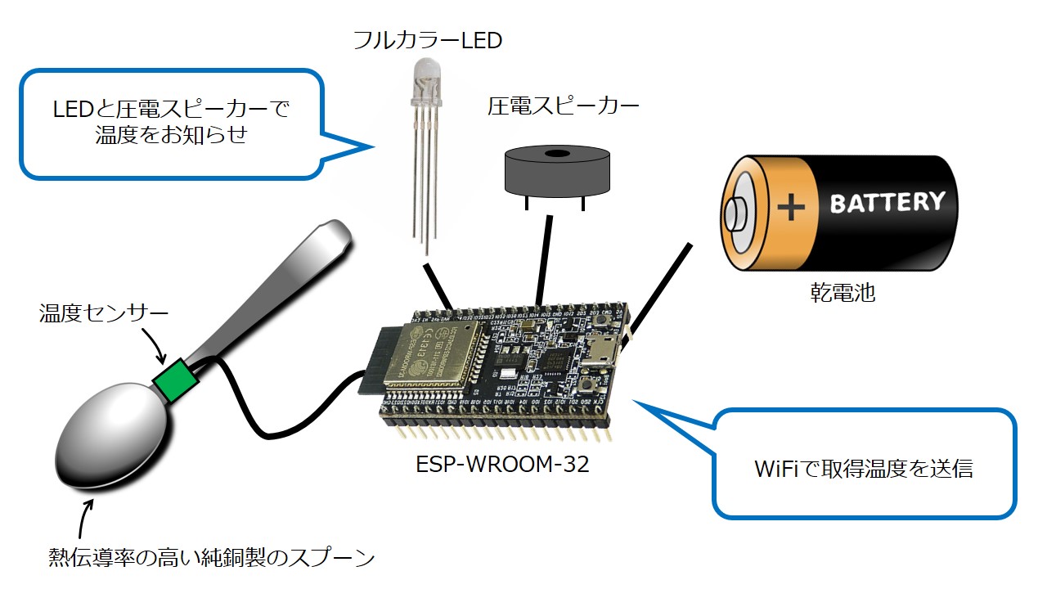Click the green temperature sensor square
[175, 380]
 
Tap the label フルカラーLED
[427, 39]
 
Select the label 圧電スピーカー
[563, 106]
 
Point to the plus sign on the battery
[791, 207]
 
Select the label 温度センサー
[103, 313]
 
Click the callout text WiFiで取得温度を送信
[864, 469]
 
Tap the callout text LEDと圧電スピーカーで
[171, 109]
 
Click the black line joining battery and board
[660, 286]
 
